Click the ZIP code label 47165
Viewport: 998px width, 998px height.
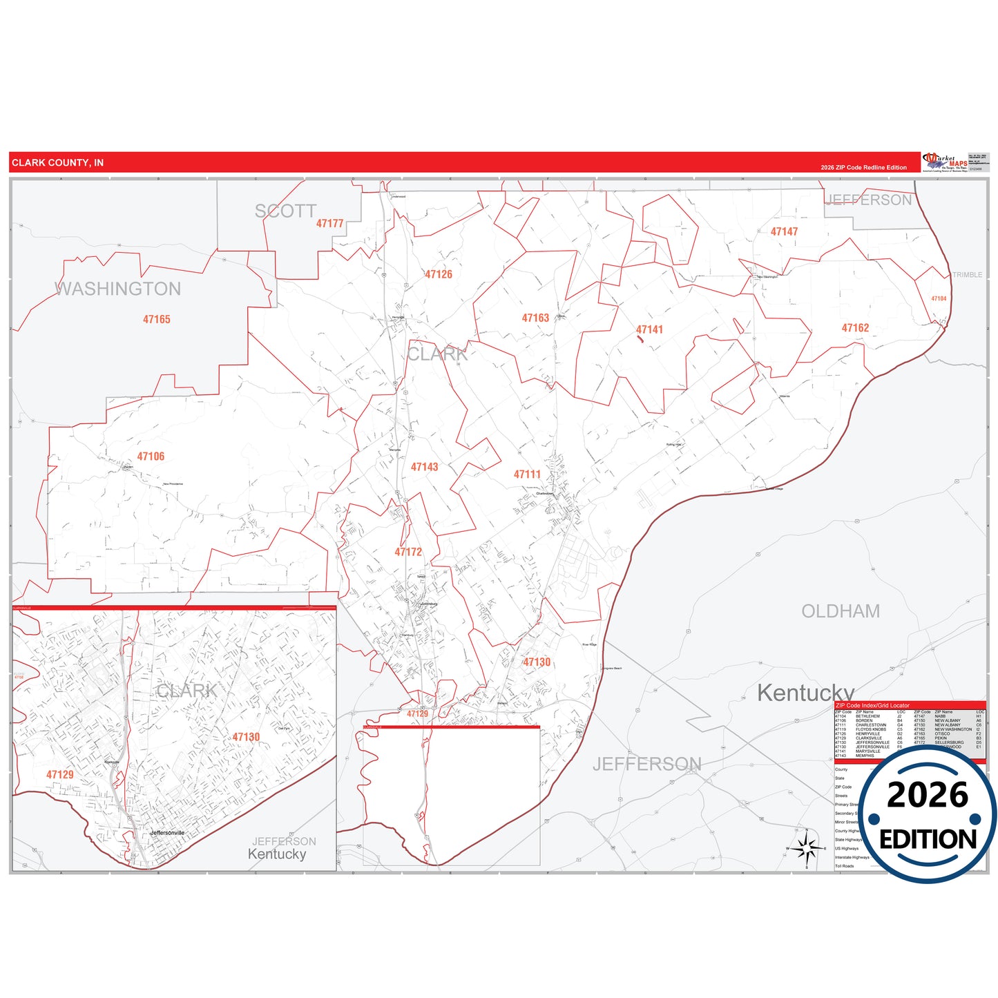(157, 319)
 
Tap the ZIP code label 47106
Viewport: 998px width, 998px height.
(151, 457)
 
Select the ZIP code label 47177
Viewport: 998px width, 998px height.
(329, 223)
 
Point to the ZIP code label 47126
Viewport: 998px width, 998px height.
(439, 274)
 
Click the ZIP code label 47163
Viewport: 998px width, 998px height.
(535, 318)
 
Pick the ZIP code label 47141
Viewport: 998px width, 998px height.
(649, 329)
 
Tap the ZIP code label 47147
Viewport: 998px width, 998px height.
(784, 231)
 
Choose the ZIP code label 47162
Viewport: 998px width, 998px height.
(855, 328)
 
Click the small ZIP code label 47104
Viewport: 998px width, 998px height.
(939, 298)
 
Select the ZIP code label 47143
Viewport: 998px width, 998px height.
(424, 467)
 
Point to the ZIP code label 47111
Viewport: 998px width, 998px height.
(527, 474)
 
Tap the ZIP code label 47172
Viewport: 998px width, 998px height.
(408, 552)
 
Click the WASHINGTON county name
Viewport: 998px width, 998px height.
(118, 289)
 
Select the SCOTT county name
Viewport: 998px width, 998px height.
(285, 211)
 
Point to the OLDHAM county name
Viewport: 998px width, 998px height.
(841, 611)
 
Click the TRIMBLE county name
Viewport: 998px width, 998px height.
(967, 275)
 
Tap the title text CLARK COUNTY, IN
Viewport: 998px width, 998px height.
(57, 163)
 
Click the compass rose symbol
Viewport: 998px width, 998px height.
(806, 847)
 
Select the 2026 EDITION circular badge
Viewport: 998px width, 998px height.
(928, 815)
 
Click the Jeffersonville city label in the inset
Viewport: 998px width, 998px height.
(168, 833)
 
